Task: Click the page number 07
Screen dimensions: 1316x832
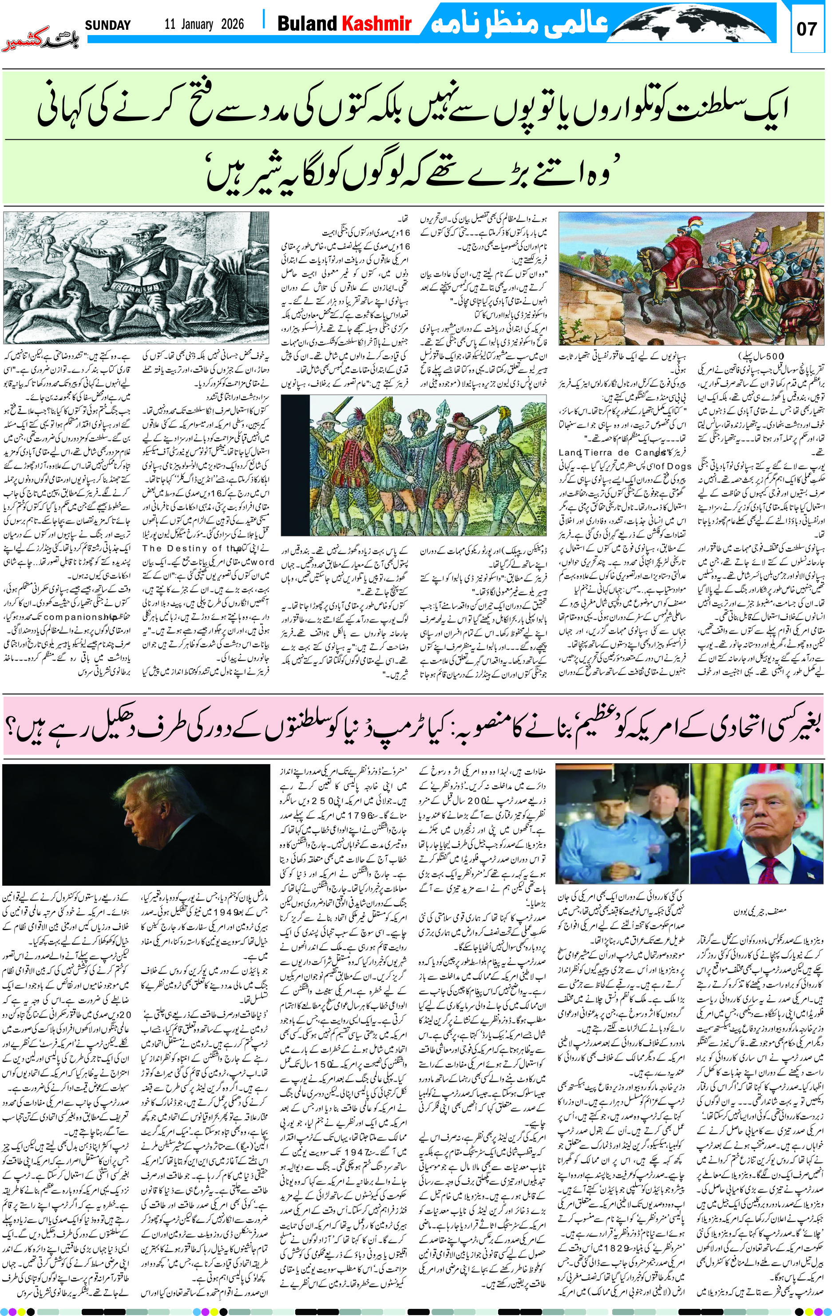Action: point(807,29)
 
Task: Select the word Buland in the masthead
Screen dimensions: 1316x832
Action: point(307,24)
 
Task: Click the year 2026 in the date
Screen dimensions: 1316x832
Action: point(232,24)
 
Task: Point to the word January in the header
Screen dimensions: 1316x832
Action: point(195,24)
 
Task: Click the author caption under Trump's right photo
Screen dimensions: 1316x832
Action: point(756,912)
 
